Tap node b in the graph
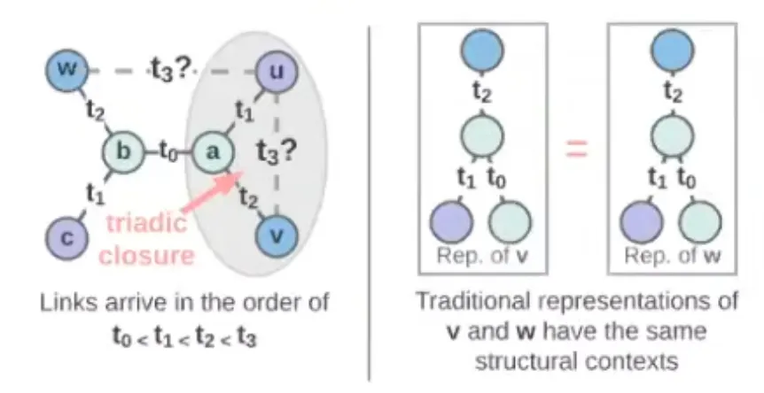point(124,150)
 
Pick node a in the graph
point(211,150)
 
